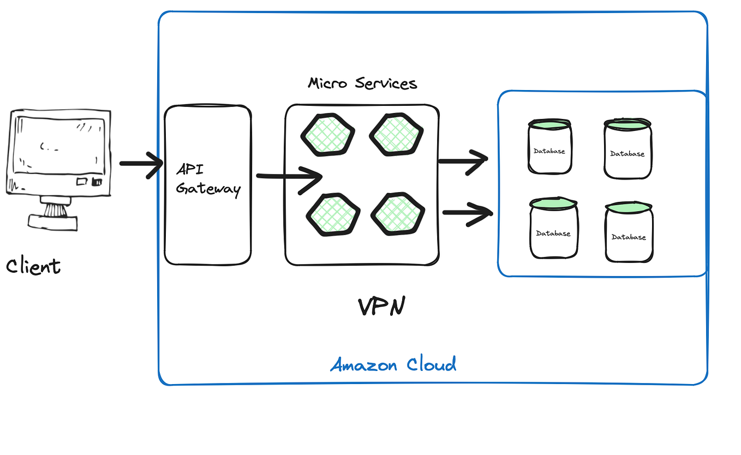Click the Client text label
pos(33,266)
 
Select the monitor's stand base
pos(52,221)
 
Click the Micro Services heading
pos(362,83)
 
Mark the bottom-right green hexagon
pos(398,213)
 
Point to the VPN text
pos(381,307)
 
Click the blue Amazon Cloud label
pos(393,364)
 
